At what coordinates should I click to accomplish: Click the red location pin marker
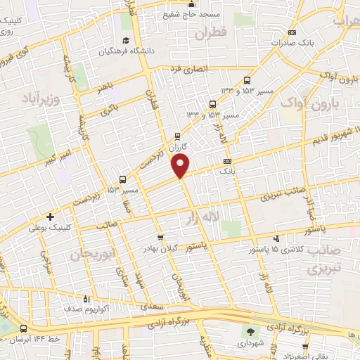click(x=181, y=166)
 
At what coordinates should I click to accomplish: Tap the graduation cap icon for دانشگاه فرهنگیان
click(x=125, y=39)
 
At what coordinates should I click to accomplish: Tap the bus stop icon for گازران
click(x=176, y=136)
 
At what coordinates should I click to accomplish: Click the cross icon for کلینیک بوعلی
click(x=49, y=217)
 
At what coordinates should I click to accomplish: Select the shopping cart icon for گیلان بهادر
click(x=161, y=238)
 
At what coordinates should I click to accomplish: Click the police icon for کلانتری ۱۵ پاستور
click(x=276, y=239)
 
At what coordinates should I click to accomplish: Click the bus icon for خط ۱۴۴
click(x=24, y=328)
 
